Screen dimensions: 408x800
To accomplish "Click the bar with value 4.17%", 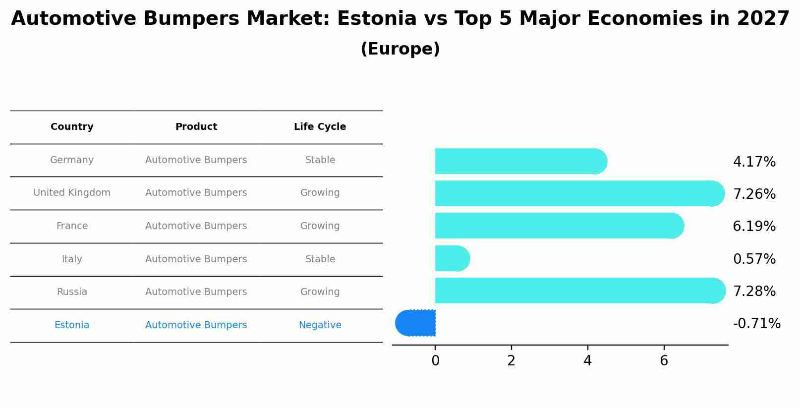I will coord(520,161).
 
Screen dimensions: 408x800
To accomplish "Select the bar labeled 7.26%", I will coord(579,193).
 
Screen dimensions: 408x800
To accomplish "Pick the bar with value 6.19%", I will coord(559,226).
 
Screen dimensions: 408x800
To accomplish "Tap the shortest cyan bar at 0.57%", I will coord(452,258).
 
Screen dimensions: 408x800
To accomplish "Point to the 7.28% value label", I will coord(754,291).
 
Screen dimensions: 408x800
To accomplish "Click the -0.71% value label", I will coord(756,323).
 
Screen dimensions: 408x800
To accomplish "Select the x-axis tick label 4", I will coord(587,361).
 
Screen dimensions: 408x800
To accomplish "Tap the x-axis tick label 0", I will coord(435,361).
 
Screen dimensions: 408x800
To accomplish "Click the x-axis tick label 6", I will coord(664,361).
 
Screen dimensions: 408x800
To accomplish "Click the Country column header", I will coord(72,127).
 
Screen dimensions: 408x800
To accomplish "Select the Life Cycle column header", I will coord(320,127).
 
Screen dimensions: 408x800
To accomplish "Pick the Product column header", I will coord(196,127).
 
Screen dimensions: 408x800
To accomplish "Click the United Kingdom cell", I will coord(72,193).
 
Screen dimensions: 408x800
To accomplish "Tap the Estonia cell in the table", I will coord(72,325).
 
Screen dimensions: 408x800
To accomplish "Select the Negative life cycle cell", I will coord(320,325).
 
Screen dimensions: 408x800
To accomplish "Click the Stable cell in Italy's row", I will coord(320,259).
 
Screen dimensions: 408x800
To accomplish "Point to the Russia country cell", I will coord(72,292).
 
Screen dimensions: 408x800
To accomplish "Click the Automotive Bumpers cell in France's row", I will coord(196,226).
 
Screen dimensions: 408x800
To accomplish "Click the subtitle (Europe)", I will coord(400,49).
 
